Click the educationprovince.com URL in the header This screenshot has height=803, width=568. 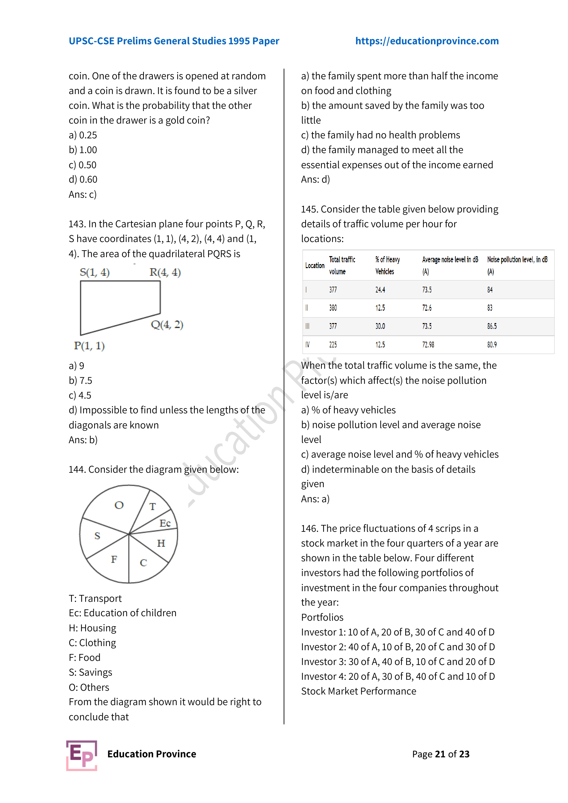coord(427,41)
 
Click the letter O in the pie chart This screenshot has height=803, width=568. coord(119,505)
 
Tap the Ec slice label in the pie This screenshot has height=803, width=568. coord(165,523)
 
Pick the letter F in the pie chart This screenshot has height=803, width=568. coord(114,560)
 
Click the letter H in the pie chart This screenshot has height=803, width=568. coord(161,543)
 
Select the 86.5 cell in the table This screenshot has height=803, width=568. coord(492,326)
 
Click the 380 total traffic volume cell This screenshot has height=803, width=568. coord(333,308)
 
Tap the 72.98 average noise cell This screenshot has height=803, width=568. coord(428,345)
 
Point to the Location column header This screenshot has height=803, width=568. coord(315,265)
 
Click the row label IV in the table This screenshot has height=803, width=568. coord(307,345)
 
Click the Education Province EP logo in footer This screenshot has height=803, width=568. coord(82,755)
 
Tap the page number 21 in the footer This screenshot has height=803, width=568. coord(440,754)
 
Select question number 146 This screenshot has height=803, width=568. coord(309,528)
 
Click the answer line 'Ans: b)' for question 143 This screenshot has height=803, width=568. coord(83,440)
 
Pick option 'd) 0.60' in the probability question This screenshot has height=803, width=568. coord(83,180)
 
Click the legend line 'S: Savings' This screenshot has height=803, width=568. coord(90,672)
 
